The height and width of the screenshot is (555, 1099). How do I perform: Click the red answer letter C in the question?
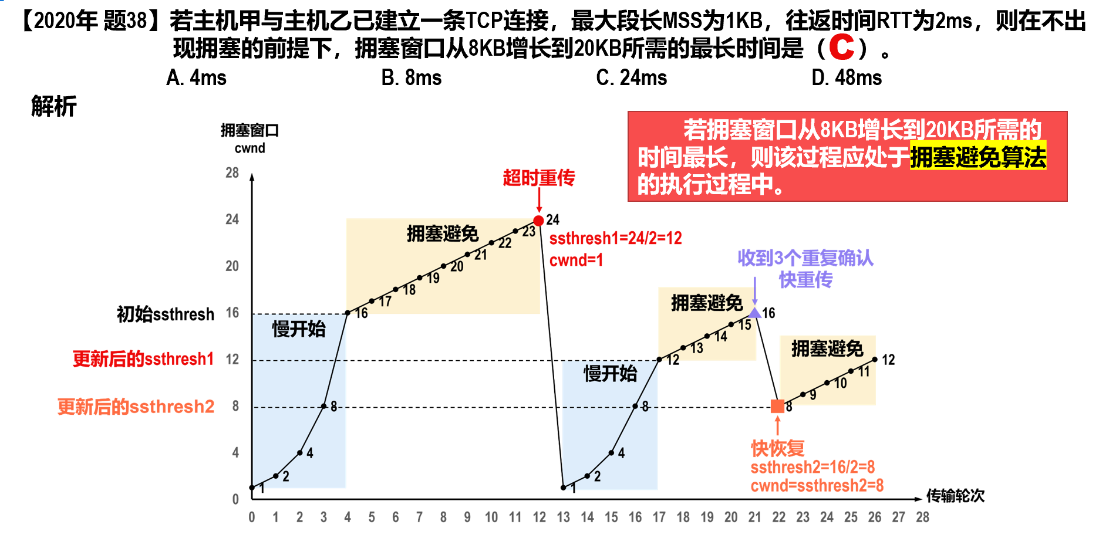841,48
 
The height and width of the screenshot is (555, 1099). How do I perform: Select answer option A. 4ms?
196,77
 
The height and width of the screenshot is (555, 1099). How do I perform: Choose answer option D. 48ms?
846,77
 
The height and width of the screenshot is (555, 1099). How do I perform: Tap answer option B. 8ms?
411,77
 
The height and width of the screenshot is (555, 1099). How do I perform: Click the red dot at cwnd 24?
538,221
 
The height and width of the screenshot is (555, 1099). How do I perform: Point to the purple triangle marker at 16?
754,313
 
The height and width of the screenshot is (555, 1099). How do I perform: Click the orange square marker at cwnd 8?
777,406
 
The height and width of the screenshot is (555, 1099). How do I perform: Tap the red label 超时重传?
538,177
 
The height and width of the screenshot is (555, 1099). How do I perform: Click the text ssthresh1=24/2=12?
615,238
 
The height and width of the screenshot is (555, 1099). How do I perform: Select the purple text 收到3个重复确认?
805,258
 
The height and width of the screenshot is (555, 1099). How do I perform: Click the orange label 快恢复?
777,448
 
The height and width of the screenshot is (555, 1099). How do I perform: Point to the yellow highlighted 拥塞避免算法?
978,157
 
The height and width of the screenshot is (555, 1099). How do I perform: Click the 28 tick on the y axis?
232,172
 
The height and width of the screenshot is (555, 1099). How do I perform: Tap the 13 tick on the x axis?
563,517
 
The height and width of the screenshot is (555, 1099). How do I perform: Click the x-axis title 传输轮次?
955,496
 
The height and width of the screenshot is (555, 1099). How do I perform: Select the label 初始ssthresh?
166,314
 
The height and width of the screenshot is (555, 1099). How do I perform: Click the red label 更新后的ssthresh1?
143,358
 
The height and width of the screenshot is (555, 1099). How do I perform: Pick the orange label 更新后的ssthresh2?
136,406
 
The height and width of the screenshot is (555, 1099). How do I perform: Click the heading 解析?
53,106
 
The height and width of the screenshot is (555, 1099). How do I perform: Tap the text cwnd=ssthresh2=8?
817,486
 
